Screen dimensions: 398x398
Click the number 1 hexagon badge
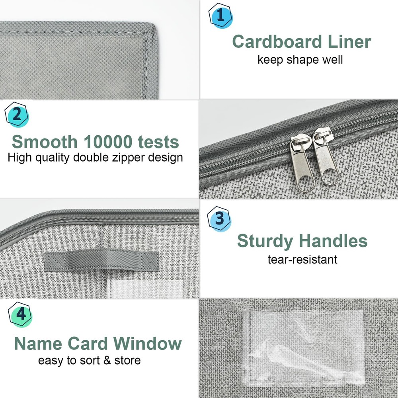(x=220, y=16)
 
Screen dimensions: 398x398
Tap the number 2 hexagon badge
(x=17, y=115)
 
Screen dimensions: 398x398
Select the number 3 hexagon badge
(x=219, y=219)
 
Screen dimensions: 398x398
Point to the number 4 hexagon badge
(x=20, y=315)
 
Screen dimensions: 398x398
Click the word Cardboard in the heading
(x=277, y=42)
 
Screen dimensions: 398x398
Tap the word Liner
(x=349, y=42)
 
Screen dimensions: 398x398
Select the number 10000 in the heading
(x=108, y=142)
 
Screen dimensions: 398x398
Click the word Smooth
(x=45, y=142)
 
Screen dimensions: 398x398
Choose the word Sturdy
(x=265, y=241)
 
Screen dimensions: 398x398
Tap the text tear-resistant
(x=302, y=259)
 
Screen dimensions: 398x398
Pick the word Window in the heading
(x=148, y=344)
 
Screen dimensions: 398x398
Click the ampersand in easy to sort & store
(x=107, y=361)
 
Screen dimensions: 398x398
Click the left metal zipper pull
(x=302, y=162)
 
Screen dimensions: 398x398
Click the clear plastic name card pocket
(x=304, y=346)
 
